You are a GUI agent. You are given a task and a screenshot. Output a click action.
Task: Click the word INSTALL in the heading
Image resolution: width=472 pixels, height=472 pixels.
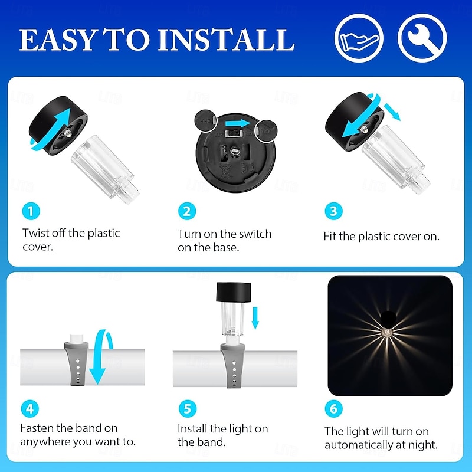(226, 40)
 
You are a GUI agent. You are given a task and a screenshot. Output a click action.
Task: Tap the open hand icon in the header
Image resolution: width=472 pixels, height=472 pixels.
(359, 38)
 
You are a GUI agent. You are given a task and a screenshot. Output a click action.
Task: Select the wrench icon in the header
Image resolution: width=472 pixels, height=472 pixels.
(422, 38)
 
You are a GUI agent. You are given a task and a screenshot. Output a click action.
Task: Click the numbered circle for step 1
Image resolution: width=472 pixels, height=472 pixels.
(31, 211)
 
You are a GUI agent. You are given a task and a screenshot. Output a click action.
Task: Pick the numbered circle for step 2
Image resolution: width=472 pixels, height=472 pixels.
(187, 211)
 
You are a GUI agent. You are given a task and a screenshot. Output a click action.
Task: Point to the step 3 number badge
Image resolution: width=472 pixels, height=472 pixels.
(333, 211)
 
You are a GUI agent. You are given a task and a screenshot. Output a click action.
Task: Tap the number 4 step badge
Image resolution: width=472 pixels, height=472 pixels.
(30, 409)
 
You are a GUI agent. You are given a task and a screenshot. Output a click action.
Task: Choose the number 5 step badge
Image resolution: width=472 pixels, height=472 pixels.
(188, 409)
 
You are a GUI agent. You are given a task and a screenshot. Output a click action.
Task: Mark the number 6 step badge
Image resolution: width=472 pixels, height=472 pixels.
(333, 409)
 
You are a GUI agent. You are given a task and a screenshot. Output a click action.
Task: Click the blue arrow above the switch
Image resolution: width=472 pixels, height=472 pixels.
(238, 123)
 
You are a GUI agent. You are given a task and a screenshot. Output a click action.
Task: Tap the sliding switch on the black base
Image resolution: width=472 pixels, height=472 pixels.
(234, 133)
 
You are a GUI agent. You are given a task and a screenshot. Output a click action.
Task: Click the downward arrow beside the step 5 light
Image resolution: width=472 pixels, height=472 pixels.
(255, 318)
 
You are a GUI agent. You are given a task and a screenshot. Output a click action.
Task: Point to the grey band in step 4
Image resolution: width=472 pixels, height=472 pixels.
(77, 363)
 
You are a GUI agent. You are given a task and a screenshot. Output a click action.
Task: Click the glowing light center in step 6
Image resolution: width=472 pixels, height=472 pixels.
(387, 332)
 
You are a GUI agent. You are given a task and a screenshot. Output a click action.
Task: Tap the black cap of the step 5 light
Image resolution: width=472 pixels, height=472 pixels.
(234, 292)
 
